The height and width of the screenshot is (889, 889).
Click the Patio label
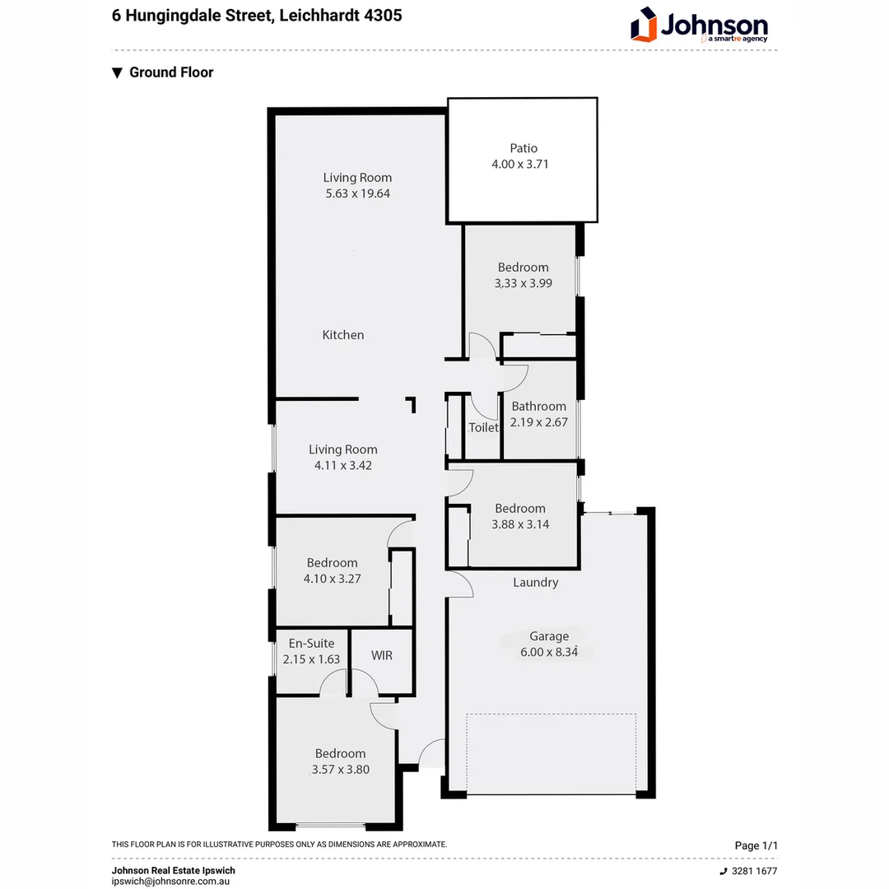(x=523, y=148)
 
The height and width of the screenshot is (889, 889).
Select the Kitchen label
(x=342, y=335)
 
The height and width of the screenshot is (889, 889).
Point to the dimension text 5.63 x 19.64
(x=357, y=193)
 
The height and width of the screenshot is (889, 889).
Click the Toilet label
(x=483, y=427)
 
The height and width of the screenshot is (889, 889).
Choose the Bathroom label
(x=539, y=406)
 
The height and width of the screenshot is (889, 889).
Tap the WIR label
(x=381, y=655)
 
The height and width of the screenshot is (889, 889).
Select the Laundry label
(x=535, y=582)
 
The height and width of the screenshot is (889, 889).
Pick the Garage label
(x=549, y=635)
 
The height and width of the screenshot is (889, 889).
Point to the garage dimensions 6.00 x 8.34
(x=549, y=651)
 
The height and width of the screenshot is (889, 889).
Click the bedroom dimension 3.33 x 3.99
(x=523, y=282)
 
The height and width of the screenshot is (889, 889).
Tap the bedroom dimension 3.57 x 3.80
(x=340, y=770)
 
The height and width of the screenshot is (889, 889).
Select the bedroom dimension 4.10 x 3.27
(x=332, y=579)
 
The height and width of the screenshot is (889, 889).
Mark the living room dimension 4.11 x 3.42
(x=343, y=465)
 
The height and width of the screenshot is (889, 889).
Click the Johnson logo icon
(x=645, y=25)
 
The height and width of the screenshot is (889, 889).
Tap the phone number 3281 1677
(x=753, y=871)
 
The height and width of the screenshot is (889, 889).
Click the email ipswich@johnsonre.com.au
(x=170, y=880)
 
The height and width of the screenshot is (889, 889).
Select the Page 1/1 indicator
(x=756, y=845)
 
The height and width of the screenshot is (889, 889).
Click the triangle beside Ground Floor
(x=118, y=72)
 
